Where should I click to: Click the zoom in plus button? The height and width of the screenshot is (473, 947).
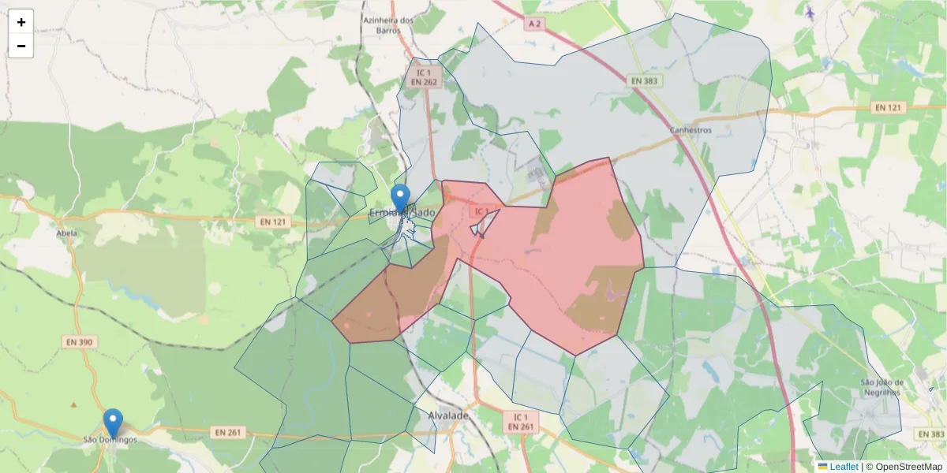tap(21, 22)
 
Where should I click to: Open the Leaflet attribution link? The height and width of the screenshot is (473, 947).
tap(843, 467)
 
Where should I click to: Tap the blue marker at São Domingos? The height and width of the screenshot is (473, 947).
tap(113, 423)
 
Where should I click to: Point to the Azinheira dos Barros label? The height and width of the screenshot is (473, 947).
tap(388, 25)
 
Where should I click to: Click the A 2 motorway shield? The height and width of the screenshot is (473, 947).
tap(535, 24)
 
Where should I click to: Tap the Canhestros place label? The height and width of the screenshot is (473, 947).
tap(690, 130)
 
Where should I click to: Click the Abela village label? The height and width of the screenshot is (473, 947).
tap(67, 233)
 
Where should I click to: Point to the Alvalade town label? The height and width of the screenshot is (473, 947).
tap(448, 415)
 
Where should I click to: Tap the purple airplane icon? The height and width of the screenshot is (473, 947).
tap(810, 12)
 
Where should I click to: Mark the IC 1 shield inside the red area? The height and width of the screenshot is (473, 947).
tap(481, 211)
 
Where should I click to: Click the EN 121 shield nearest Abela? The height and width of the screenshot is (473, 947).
tap(272, 222)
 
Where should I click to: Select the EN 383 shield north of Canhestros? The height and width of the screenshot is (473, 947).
tap(646, 80)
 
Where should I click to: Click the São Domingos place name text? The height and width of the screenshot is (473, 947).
tap(110, 439)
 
